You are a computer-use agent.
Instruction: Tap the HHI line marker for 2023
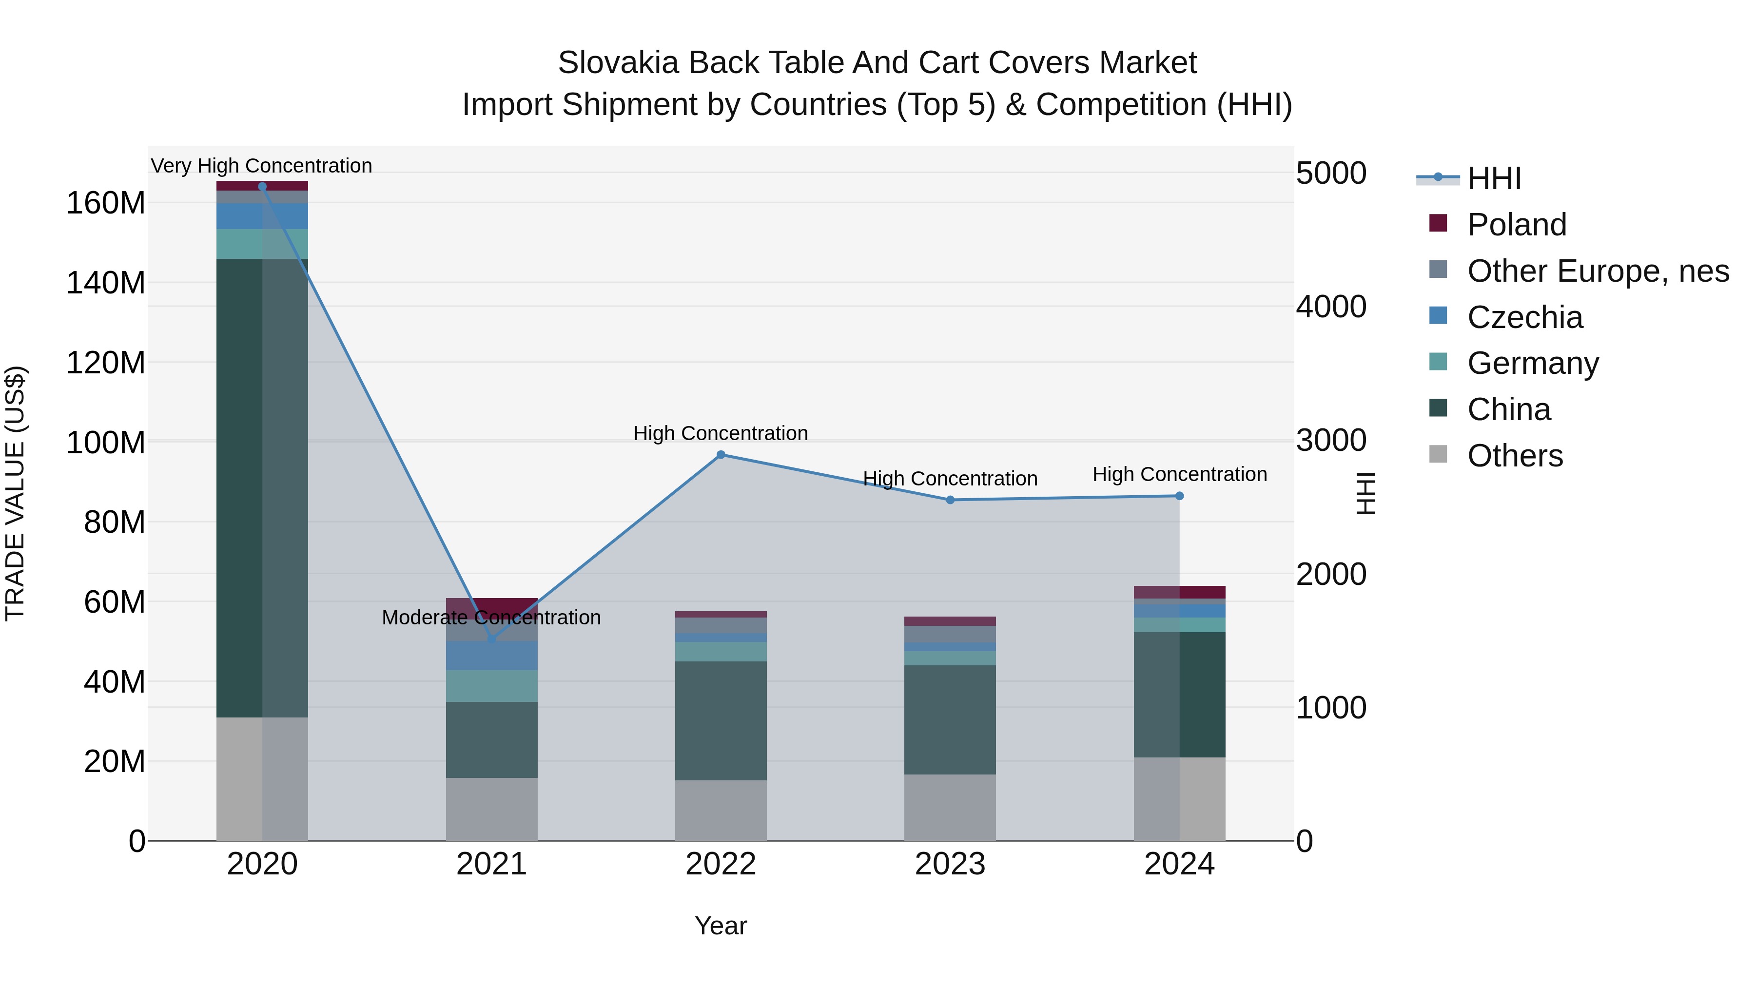click(x=951, y=500)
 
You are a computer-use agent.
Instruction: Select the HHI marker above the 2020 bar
click(x=262, y=187)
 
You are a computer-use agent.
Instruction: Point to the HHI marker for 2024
click(x=1179, y=496)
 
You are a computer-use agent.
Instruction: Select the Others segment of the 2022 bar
click(x=721, y=810)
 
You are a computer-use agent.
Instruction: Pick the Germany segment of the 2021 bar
click(x=491, y=686)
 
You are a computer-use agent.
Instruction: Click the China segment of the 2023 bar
click(x=951, y=719)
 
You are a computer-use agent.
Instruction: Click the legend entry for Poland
click(x=1517, y=225)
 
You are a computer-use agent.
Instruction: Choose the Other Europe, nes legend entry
click(x=1598, y=271)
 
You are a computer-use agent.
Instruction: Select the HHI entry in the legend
click(x=1493, y=178)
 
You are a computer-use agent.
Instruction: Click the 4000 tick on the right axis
click(x=1330, y=307)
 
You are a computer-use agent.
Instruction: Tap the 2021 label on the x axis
click(x=491, y=864)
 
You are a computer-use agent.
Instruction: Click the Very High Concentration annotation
click(x=262, y=166)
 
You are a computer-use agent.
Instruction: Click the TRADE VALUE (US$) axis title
click(x=15, y=493)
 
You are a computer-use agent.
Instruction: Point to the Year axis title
click(x=721, y=926)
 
